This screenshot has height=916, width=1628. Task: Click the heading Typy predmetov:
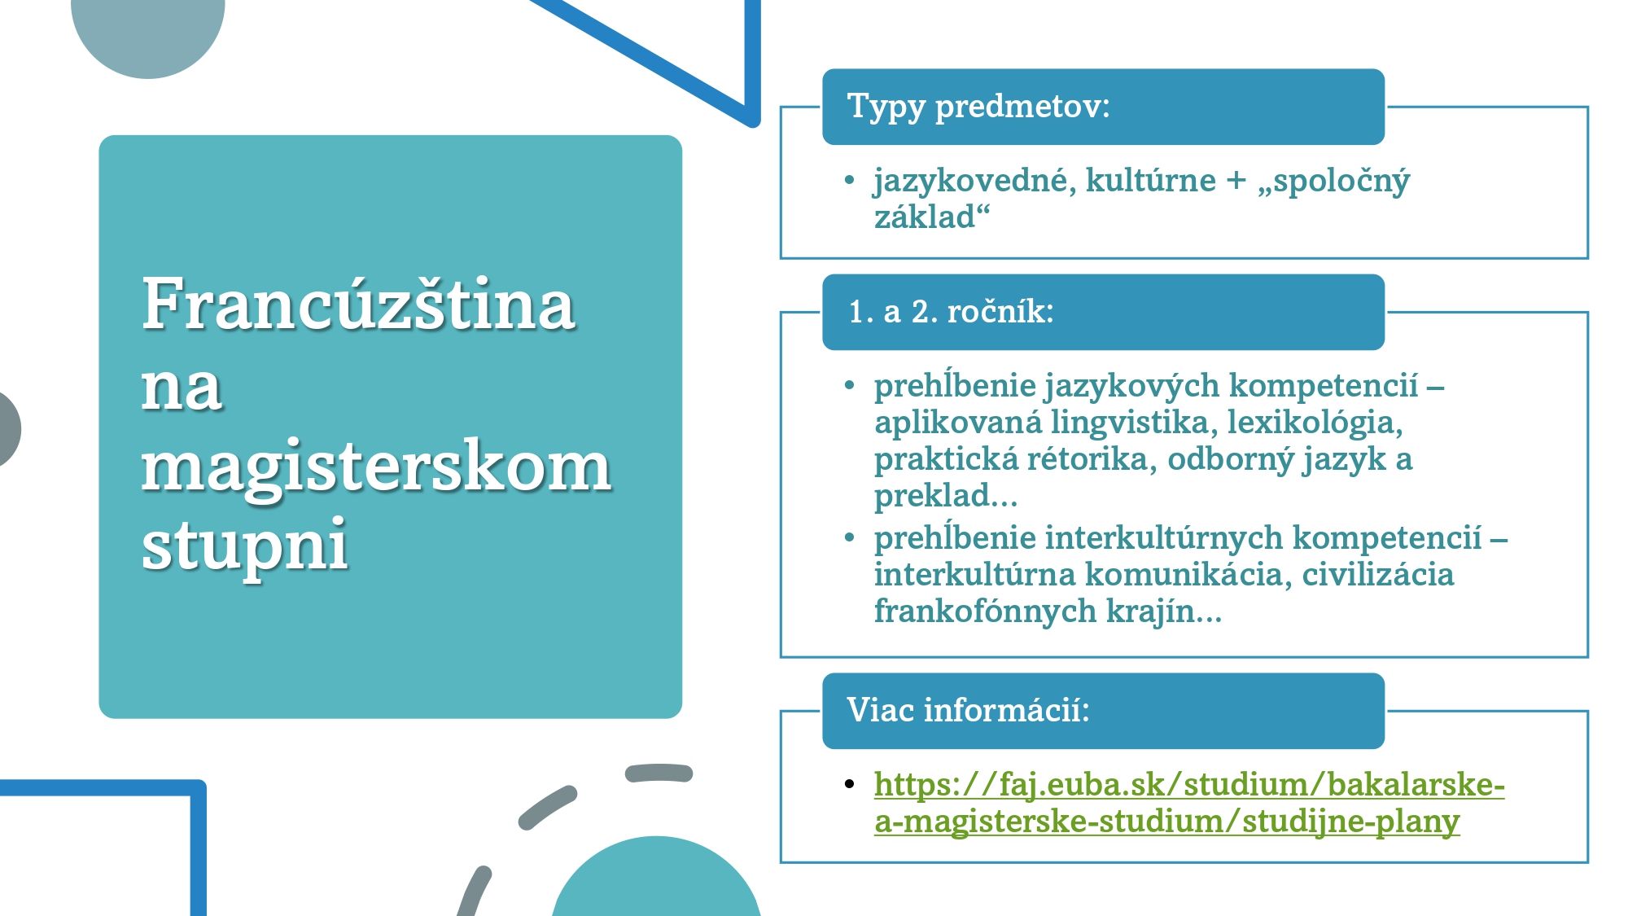(x=978, y=107)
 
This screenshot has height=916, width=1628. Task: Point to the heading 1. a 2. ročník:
(x=951, y=312)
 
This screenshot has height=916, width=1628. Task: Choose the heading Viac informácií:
(x=968, y=711)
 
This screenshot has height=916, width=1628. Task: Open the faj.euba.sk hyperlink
(x=1188, y=802)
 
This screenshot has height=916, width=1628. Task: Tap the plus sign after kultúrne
(x=1236, y=181)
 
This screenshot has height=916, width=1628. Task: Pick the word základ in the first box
(x=925, y=217)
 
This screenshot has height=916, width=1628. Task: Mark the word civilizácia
(x=1377, y=574)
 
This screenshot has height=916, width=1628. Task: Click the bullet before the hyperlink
(x=850, y=784)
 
